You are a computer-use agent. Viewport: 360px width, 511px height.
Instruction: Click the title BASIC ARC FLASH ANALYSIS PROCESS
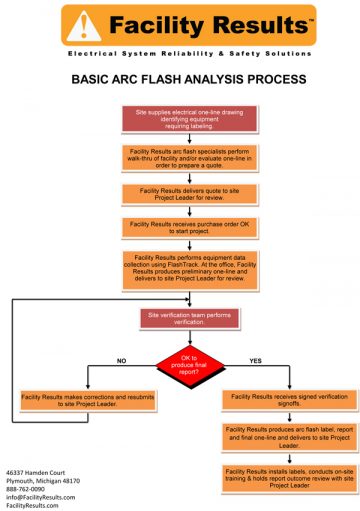(181, 77)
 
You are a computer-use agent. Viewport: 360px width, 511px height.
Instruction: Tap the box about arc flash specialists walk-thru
(181, 158)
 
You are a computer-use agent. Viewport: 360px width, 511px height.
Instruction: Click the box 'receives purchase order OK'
(181, 228)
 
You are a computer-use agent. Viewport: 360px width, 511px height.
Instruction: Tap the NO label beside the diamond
(122, 359)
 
